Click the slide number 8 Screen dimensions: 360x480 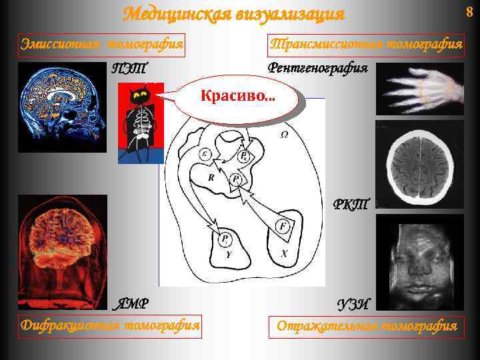(x=469, y=11)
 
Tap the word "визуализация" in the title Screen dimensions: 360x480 (x=290, y=14)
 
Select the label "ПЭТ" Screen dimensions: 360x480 (x=129, y=68)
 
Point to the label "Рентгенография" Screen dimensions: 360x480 (x=317, y=67)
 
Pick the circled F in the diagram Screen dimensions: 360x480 (x=283, y=227)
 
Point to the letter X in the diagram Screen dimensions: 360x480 (x=283, y=254)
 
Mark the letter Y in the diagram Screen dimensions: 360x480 (x=228, y=254)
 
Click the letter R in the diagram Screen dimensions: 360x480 (x=210, y=178)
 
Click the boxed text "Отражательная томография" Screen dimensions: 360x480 (x=367, y=327)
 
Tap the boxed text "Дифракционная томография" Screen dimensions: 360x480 (x=110, y=326)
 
